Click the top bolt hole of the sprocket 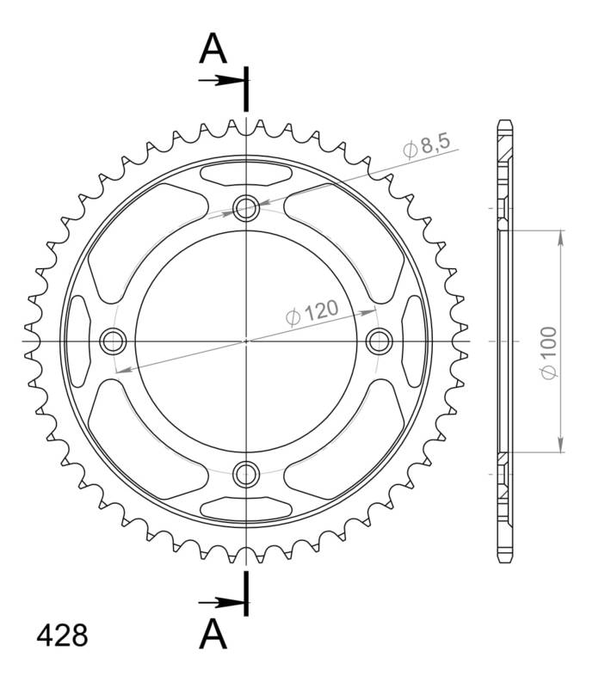(247, 207)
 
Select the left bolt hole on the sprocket (113, 341)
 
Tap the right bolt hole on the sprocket (380, 341)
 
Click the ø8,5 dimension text (426, 146)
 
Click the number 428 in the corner (61, 636)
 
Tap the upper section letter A (213, 50)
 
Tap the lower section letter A (213, 634)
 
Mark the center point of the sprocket (247, 341)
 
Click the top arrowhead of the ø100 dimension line (561, 236)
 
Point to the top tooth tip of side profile (505, 121)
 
